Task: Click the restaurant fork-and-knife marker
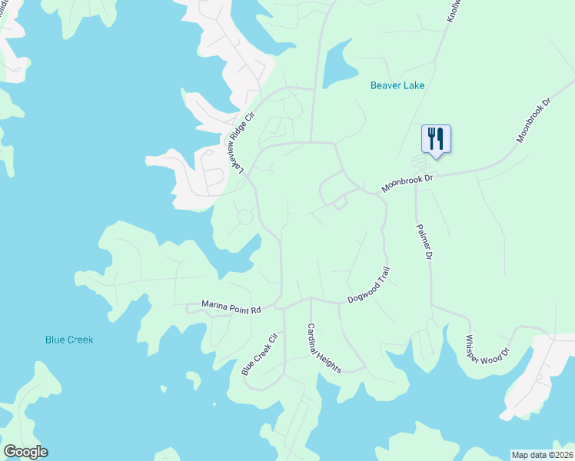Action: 436,139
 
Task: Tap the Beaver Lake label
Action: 397,86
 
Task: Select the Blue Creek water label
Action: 69,339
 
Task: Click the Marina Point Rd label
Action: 231,307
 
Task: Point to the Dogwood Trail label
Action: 370,285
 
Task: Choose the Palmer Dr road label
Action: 424,241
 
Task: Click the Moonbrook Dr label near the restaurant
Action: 408,183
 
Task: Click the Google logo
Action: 25,452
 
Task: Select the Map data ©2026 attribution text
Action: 542,455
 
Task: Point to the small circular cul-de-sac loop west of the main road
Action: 245,218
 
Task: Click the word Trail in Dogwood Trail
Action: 384,276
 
